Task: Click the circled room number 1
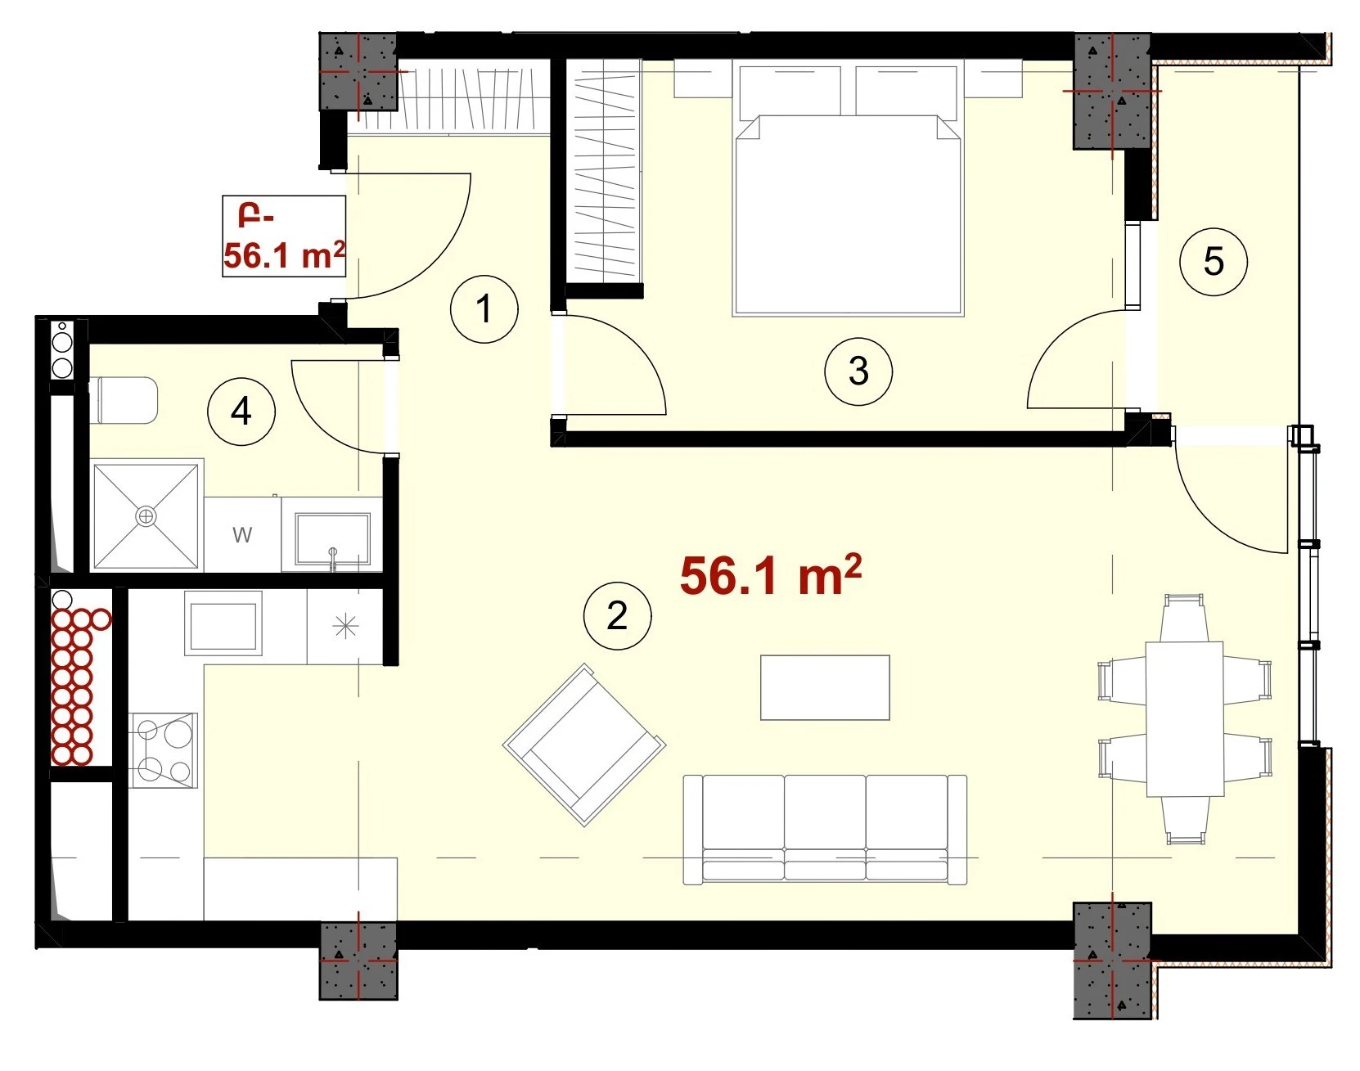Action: click(484, 309)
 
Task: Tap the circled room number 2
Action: click(618, 615)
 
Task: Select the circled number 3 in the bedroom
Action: click(858, 371)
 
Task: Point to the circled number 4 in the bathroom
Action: click(241, 411)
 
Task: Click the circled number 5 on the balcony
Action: click(1214, 262)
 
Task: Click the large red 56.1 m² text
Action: click(771, 575)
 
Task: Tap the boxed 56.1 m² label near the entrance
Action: click(284, 236)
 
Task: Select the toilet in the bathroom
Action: click(126, 400)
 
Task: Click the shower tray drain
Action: click(146, 516)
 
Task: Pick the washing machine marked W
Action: click(242, 535)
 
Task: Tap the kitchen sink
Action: click(223, 623)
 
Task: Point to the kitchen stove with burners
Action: click(164, 749)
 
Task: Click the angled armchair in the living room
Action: click(584, 745)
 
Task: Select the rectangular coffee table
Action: click(825, 687)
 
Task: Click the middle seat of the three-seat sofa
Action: click(825, 828)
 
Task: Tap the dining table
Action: click(1185, 718)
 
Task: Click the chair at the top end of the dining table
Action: click(1184, 619)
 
